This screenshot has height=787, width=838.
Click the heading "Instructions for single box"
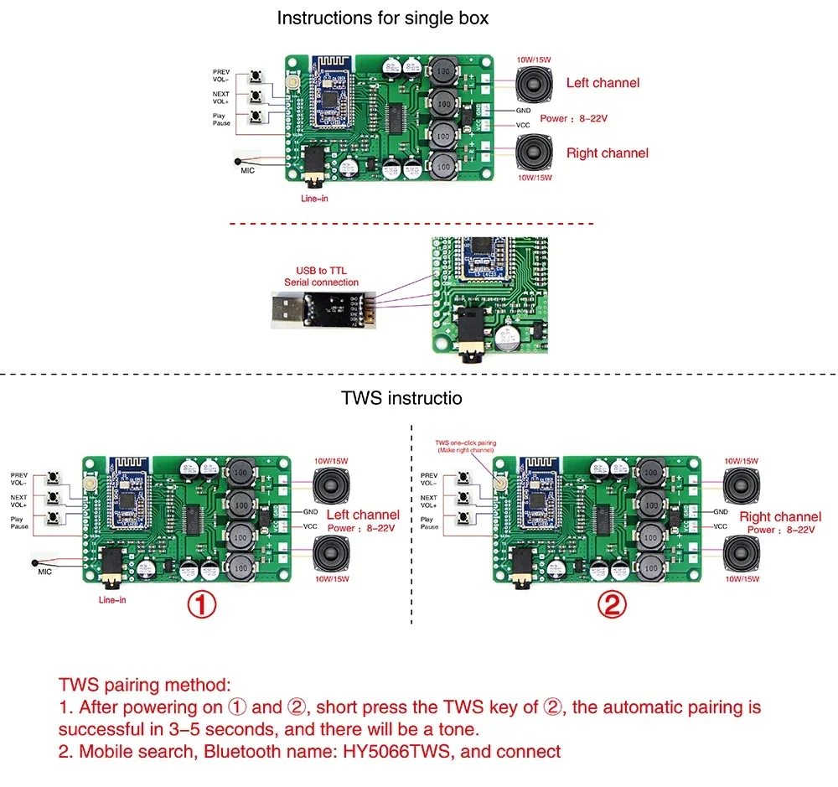[383, 18]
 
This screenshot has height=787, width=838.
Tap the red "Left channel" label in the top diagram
[603, 82]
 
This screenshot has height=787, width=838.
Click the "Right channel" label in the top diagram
[607, 153]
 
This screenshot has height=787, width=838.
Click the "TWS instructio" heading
[401, 398]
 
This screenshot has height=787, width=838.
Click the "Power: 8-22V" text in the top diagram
[574, 118]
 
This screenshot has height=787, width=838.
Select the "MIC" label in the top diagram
[247, 170]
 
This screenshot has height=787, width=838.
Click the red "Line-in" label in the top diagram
[317, 199]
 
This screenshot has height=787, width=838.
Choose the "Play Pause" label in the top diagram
[220, 120]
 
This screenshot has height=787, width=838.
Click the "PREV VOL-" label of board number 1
[18, 479]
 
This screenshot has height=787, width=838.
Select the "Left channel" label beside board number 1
[363, 515]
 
